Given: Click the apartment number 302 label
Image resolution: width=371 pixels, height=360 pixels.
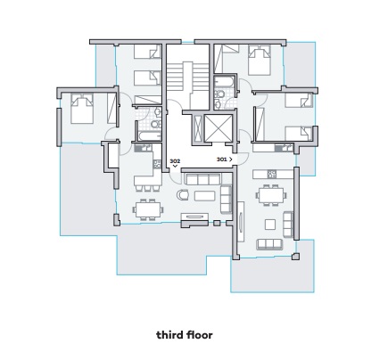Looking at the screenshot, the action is click(x=175, y=161).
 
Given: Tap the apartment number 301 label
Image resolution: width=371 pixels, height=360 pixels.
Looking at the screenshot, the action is click(x=221, y=160).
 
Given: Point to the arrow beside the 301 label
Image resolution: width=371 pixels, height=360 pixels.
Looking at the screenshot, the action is click(x=231, y=160).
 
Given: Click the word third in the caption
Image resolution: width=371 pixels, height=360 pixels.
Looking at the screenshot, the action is click(x=169, y=335).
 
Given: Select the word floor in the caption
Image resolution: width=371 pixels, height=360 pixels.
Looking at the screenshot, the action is click(x=199, y=335).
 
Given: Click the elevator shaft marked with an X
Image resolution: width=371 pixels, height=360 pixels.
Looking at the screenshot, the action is click(x=218, y=128).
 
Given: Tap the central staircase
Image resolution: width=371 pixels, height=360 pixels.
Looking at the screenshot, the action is click(x=187, y=78).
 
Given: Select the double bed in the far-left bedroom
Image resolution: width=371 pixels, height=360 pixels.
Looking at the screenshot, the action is click(x=82, y=108).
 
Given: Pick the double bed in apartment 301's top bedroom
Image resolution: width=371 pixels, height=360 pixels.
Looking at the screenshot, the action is click(x=260, y=60).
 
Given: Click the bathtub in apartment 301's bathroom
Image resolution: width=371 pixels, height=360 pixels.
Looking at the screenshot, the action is click(x=225, y=82).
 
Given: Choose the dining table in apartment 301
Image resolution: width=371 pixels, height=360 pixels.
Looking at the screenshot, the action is click(x=272, y=195).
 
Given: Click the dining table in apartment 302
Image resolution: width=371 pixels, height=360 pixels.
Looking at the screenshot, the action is click(x=148, y=209).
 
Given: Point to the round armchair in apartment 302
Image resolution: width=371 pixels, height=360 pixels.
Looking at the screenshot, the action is click(x=183, y=195).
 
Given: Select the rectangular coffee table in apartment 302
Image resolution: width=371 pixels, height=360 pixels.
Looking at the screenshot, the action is click(x=204, y=196).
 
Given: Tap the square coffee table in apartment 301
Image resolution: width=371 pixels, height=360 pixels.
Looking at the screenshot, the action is click(x=270, y=225).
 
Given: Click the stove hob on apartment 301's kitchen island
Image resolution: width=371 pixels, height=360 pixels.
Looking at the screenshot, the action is click(x=272, y=174).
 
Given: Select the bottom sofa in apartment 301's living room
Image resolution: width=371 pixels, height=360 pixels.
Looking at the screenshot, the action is click(x=269, y=244).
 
